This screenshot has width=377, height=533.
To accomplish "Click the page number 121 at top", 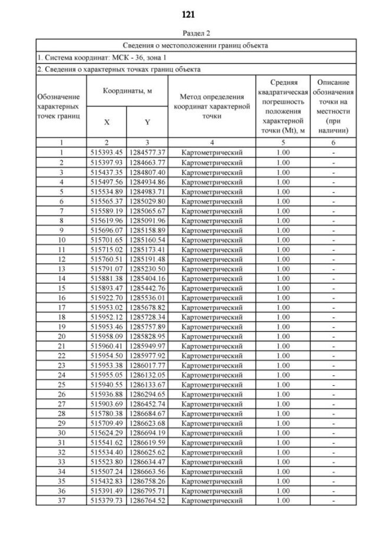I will (188, 14).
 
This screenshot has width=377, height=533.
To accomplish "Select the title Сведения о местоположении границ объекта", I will (196, 45).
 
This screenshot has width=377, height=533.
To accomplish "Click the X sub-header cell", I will (107, 123).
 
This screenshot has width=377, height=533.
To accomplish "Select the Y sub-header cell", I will (147, 123).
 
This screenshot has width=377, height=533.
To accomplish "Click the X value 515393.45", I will (107, 153).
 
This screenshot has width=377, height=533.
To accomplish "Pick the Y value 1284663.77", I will (147, 162).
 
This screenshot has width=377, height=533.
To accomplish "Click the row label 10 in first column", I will (61, 240).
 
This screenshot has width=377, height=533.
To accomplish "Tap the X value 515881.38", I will (107, 279).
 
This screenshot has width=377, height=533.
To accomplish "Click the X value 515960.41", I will (107, 346).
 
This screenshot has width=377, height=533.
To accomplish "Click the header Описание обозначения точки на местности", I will (333, 106).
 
